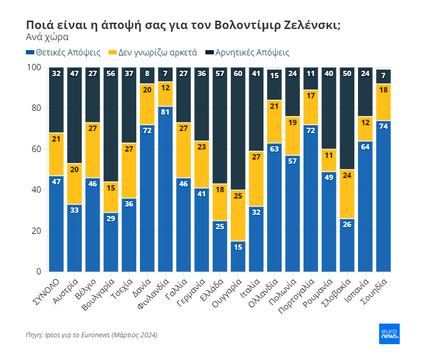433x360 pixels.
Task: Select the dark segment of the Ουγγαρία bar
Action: pyautogui.click(x=238, y=132)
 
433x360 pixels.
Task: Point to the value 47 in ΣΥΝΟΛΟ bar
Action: pyautogui.click(x=57, y=182)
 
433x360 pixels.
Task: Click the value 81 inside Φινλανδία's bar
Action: pyautogui.click(x=166, y=112)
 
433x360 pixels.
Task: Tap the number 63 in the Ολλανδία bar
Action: pyautogui.click(x=275, y=149)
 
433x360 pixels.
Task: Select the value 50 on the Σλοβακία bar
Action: pyautogui.click(x=347, y=73)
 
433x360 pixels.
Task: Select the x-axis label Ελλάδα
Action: pyautogui.click(x=213, y=288)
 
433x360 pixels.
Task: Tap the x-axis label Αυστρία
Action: pyautogui.click(x=67, y=288)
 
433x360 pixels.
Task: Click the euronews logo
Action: pyautogui.click(x=389, y=334)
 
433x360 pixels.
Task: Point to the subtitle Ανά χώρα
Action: pyautogui.click(x=47, y=37)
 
